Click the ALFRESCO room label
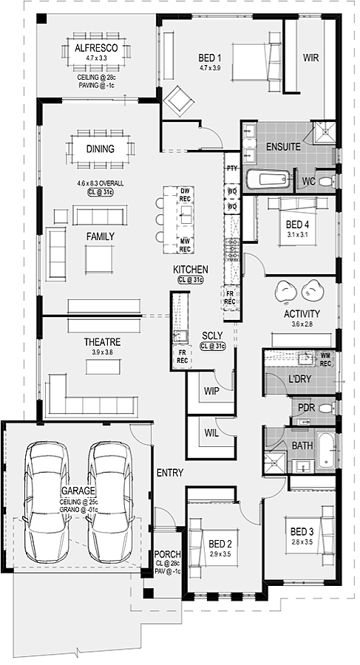96,48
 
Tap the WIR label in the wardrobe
310,57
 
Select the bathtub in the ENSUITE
268,178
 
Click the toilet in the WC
327,182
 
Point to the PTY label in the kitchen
232,168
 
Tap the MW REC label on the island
185,246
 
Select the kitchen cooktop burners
232,250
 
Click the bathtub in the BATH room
325,451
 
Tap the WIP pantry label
212,391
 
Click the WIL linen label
211,434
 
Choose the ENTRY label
170,472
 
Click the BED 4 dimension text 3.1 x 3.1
296,233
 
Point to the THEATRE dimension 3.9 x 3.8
102,352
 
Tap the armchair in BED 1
179,101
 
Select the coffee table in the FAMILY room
99,259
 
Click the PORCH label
167,554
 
